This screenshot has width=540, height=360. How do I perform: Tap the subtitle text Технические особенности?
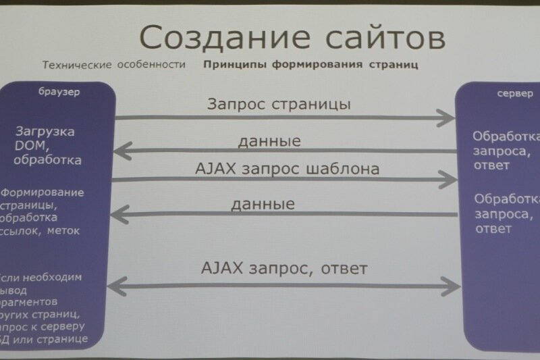113,66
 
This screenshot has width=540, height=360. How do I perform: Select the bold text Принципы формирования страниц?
309,66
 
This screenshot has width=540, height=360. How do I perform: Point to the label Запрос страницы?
279,105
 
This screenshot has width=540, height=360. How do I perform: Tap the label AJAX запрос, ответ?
284,268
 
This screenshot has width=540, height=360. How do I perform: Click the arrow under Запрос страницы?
283,118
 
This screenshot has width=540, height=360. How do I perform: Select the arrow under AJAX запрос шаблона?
283,180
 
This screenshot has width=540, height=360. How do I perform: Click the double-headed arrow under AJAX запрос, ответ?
283,286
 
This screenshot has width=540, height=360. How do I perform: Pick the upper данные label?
269,142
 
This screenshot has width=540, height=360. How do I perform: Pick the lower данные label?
263,203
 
